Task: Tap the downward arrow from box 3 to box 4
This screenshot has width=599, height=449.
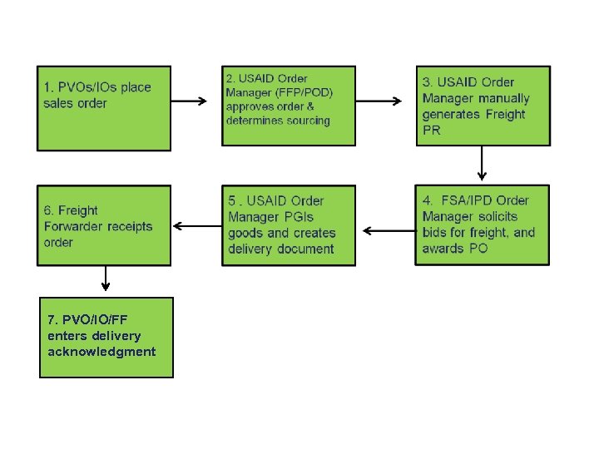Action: (482, 165)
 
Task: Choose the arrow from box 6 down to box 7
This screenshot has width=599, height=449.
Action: (105, 279)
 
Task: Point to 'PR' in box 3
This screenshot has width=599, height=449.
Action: (432, 130)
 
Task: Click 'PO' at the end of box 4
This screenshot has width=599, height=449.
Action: (478, 248)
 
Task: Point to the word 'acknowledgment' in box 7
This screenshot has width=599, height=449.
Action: (101, 351)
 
